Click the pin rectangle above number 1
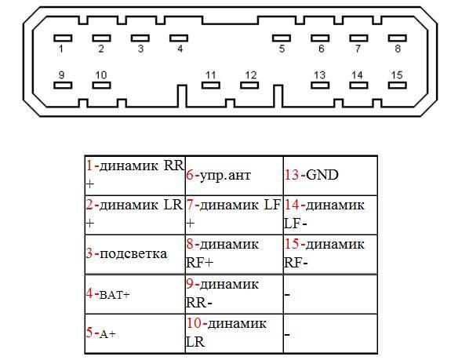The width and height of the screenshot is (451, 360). click(x=63, y=38)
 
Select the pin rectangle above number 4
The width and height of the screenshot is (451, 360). click(x=179, y=38)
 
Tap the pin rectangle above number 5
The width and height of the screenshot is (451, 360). click(x=282, y=38)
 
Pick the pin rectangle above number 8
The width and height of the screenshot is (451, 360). click(x=397, y=38)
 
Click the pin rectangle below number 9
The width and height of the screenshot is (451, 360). click(x=63, y=85)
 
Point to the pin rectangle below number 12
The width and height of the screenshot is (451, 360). click(x=249, y=85)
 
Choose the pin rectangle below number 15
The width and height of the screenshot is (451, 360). click(x=397, y=85)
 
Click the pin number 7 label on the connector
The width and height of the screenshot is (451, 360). click(x=358, y=49)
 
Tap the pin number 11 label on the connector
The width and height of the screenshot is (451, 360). click(x=210, y=75)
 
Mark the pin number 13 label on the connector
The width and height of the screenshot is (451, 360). click(x=319, y=75)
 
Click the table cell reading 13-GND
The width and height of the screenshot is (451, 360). click(x=330, y=176)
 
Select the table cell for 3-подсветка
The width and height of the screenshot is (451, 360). click(x=135, y=254)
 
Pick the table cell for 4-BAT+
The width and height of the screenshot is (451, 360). click(x=135, y=294)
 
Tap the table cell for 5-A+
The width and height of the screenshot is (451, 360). click(x=135, y=333)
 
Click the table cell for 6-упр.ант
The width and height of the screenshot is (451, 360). click(x=235, y=176)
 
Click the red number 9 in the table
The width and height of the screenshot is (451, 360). click(x=190, y=284)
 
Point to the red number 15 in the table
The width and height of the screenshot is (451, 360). click(x=291, y=244)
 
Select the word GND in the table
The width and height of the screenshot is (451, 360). click(x=322, y=175)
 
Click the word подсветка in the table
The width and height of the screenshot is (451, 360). click(x=133, y=254)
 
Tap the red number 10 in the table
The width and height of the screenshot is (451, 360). click(x=194, y=323)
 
